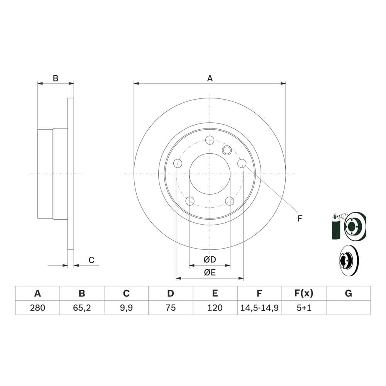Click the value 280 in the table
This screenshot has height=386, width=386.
tap(37, 308)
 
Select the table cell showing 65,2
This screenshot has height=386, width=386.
tap(82, 308)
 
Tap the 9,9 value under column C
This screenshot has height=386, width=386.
tap(126, 308)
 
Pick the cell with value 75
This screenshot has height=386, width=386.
tap(171, 308)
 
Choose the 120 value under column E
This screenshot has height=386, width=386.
tap(215, 308)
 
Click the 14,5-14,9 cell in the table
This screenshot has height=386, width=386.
tap(259, 308)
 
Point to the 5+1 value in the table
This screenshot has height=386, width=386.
tap(304, 308)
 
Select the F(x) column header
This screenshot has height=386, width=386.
tap(304, 293)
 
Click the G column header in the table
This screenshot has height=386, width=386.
tap(348, 293)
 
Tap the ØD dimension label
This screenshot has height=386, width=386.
tap(210, 259)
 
